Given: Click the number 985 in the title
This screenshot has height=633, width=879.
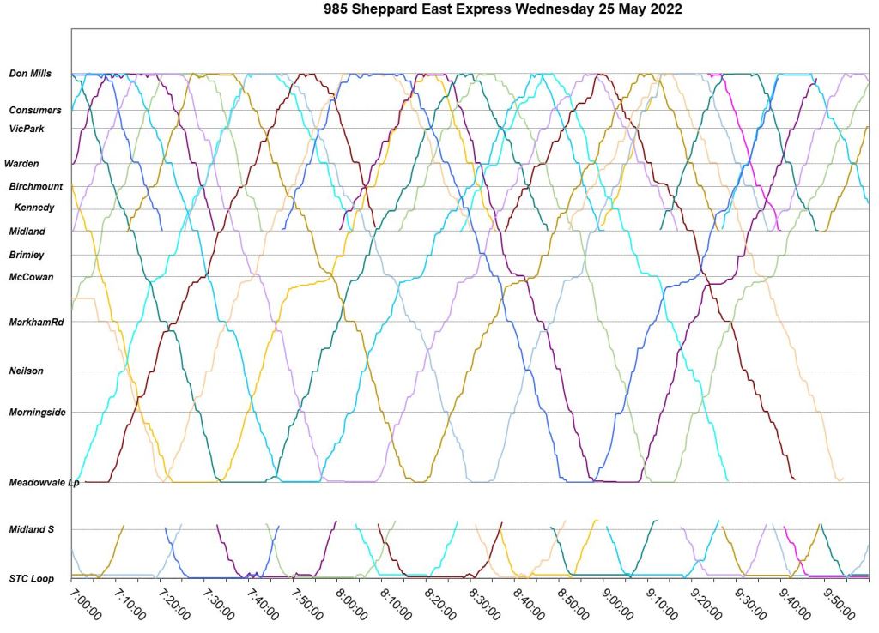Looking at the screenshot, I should click(x=337, y=10).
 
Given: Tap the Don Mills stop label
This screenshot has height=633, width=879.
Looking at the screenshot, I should click(x=30, y=74).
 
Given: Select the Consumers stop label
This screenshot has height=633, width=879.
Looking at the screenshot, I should click(x=35, y=110).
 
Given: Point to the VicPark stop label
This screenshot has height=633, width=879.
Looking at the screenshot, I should click(x=27, y=129).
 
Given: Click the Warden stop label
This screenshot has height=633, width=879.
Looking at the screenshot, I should click(x=21, y=163).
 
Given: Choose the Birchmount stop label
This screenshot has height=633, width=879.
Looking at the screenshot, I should click(x=36, y=186).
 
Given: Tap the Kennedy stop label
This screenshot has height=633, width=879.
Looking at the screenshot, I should click(x=34, y=208).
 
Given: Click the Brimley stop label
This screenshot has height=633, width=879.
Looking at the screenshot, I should click(x=27, y=255).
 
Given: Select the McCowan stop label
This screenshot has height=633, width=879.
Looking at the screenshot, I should click(x=31, y=277).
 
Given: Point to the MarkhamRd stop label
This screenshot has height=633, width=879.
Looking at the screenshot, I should click(x=36, y=322).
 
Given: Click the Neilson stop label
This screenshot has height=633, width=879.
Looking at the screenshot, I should click(x=26, y=371).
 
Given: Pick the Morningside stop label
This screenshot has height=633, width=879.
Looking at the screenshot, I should click(x=37, y=412).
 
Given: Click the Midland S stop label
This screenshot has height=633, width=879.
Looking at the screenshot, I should click(x=31, y=529).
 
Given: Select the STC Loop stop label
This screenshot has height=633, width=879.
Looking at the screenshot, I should click(x=31, y=579).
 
